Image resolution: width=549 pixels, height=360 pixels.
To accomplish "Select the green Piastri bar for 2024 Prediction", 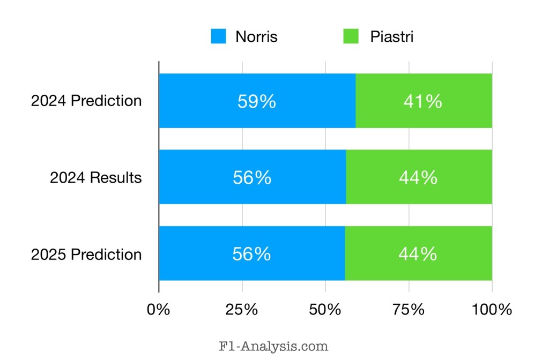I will pyautogui.click(x=424, y=101).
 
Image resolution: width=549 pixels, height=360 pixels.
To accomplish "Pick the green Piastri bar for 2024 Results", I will pyautogui.click(x=419, y=177).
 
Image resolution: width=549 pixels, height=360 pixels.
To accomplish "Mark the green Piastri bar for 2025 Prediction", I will pyautogui.click(x=418, y=253).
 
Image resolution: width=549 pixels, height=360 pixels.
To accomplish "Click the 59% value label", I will pyautogui.click(x=257, y=101).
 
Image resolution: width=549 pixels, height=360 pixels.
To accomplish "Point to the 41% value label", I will pyautogui.click(x=423, y=101).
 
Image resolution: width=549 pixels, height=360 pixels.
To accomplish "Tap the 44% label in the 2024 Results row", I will pyautogui.click(x=418, y=177).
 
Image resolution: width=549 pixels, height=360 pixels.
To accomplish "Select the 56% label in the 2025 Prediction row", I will pyautogui.click(x=251, y=254).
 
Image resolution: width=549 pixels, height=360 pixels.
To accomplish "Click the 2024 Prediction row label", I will pyautogui.click(x=86, y=101).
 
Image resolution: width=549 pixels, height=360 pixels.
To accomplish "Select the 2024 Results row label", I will pyautogui.click(x=96, y=177).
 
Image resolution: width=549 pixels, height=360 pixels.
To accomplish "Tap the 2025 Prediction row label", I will pyautogui.click(x=86, y=254).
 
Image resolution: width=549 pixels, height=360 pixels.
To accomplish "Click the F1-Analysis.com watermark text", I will pyautogui.click(x=274, y=346).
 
